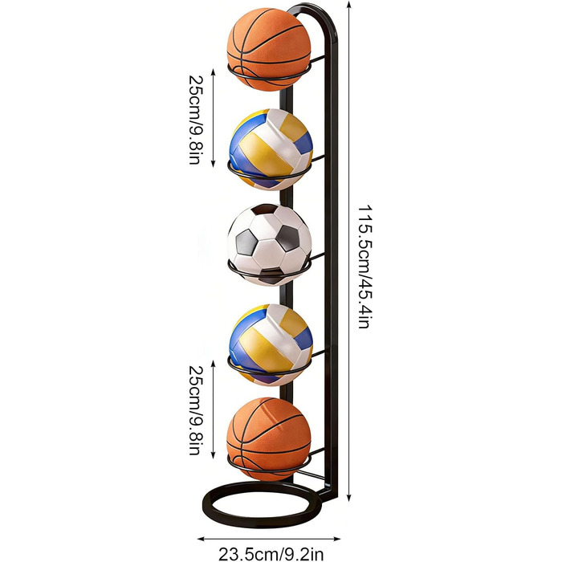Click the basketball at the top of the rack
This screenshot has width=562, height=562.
point(269,49)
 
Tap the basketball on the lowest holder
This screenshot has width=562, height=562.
point(269,439)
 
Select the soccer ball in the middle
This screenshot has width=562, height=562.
point(270,245)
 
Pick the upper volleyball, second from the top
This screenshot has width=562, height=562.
point(271,149)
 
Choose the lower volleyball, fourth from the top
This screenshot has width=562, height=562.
point(271,344)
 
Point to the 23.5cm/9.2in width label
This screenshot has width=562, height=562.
point(271,554)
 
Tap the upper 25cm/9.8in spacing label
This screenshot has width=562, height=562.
point(196,120)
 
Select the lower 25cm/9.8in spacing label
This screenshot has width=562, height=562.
point(196,410)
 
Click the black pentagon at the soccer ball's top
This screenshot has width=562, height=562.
point(264,210)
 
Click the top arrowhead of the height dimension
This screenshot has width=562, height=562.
point(349,4)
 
